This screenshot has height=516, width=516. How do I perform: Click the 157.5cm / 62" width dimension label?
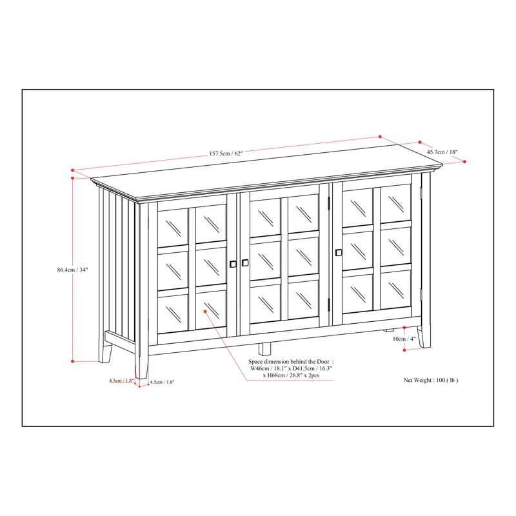tap(226, 154)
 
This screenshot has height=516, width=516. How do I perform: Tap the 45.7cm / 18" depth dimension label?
tap(442, 152)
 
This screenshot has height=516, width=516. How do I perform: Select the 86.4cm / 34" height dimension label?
tap(72, 270)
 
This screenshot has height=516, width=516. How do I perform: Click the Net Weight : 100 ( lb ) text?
tap(431, 381)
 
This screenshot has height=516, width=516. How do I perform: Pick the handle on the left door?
tap(233, 263)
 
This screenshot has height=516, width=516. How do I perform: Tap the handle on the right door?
tap(339, 252)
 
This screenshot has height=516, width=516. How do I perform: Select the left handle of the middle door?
tap(245, 263)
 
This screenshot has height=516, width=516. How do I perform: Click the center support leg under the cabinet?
tap(264, 348)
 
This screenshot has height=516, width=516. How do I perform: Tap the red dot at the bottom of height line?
tap(73, 361)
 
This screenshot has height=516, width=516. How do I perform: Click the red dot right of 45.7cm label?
tap(464, 162)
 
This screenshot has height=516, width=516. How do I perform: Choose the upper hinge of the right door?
tap(330, 204)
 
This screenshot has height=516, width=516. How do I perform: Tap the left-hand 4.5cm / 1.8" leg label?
tap(121, 381)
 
